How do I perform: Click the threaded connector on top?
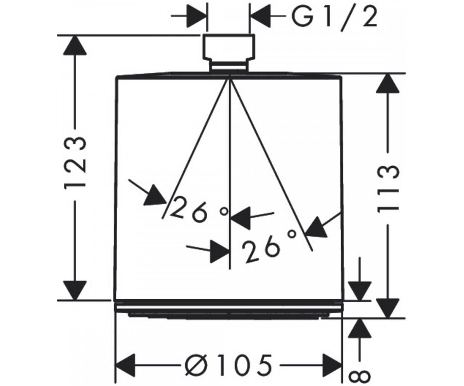pyautogui.click(x=229, y=53)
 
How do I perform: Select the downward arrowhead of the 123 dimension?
pyautogui.click(x=75, y=289)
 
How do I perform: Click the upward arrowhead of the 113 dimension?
pyautogui.click(x=388, y=85)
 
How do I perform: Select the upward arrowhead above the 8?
pyautogui.click(x=360, y=328)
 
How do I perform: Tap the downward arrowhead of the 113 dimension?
pyautogui.click(x=388, y=308)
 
